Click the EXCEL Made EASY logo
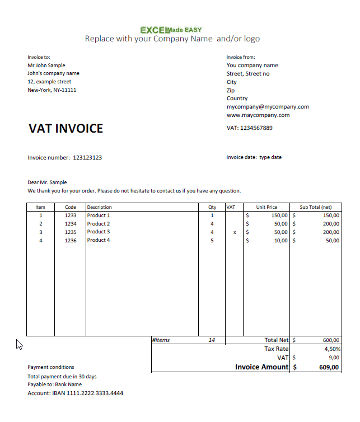pos(171,30)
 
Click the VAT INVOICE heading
pos(66,129)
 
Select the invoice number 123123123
pos(87,158)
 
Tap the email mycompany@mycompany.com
pos(268,107)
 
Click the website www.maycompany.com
pos(258,115)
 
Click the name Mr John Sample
pos(46,65)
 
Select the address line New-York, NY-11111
pos(52,90)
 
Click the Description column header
pos(100,207)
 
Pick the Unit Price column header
pos(267,207)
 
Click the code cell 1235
pos(70,232)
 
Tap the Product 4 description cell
pos(99,240)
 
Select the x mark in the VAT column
pos(235,232)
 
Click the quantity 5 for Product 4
pos(212,241)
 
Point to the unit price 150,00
pos(279,215)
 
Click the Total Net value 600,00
pos(331,340)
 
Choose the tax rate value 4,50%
pos(331,349)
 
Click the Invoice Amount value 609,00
pos(329,368)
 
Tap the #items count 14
pos(212,340)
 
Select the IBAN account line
pos(76,393)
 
